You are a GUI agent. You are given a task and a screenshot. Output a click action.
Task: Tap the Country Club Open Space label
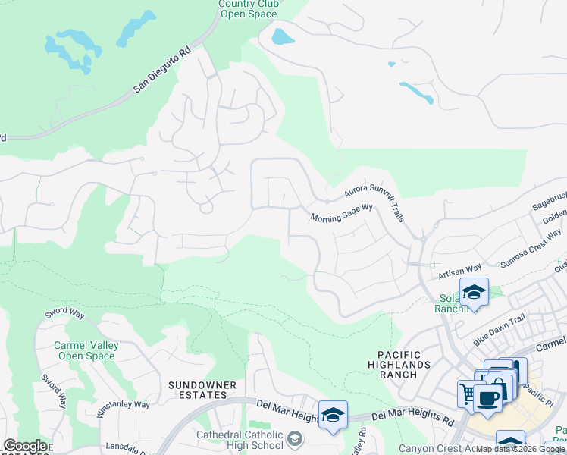tap(249, 8)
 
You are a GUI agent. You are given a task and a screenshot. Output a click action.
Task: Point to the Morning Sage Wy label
tap(342, 212)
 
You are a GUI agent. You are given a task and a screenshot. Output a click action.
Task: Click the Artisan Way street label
tap(460, 271)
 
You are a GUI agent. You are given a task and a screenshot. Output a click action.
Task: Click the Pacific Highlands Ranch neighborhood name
tap(405, 365)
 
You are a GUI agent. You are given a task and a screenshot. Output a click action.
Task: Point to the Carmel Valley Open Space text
tap(85, 350)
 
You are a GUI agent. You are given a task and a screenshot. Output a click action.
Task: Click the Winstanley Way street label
tap(124, 407)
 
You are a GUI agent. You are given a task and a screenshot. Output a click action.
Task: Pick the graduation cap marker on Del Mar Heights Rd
tap(333, 414)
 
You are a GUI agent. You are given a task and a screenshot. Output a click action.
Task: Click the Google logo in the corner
tap(26, 446)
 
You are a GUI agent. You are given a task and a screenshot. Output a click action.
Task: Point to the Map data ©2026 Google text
tap(521, 450)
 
